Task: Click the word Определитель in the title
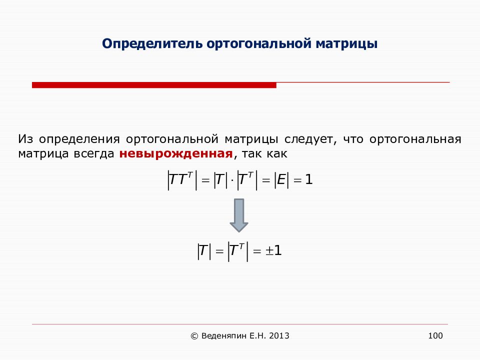coord(152,44)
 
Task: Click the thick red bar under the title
coord(154,85)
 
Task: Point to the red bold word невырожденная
coord(176,153)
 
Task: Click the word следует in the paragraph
coord(310,139)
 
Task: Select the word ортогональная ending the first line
coord(415,139)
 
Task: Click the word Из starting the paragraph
coord(25,139)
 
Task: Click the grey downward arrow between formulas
coord(239,215)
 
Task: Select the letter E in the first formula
coord(281,179)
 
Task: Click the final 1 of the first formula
coord(309,179)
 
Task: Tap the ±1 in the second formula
coord(273,251)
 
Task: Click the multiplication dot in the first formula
coord(232,180)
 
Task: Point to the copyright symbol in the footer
coord(194,336)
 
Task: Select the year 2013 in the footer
coord(279,336)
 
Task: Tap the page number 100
coord(435,336)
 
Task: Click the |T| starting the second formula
coord(204,251)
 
